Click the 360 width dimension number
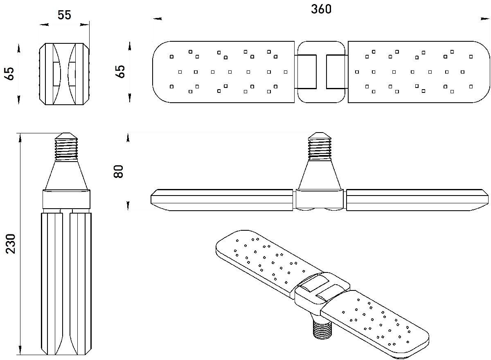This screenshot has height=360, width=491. (x=321, y=9)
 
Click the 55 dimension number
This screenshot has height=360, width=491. (x=64, y=15)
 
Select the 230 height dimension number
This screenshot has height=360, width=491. (x=10, y=243)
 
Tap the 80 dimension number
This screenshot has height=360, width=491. (x=119, y=171)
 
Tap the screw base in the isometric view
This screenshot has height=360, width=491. (x=323, y=328)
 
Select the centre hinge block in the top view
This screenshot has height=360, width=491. (x=321, y=72)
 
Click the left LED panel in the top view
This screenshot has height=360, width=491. (x=223, y=72)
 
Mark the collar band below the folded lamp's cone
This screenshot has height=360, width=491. (x=66, y=200)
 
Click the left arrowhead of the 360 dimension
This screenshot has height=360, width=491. (x=157, y=18)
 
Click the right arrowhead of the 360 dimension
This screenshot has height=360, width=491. (x=485, y=18)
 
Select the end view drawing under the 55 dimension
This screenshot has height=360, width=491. (x=64, y=74)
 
